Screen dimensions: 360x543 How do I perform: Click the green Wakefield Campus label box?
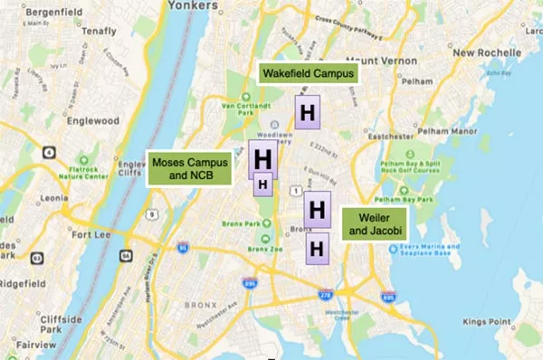(308, 73)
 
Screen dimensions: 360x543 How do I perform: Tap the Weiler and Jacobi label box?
(374, 224)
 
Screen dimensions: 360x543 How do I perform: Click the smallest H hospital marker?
(262, 184)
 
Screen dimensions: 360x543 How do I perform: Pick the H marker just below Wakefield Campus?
(308, 113)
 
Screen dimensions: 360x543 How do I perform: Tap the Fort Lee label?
(91, 236)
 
